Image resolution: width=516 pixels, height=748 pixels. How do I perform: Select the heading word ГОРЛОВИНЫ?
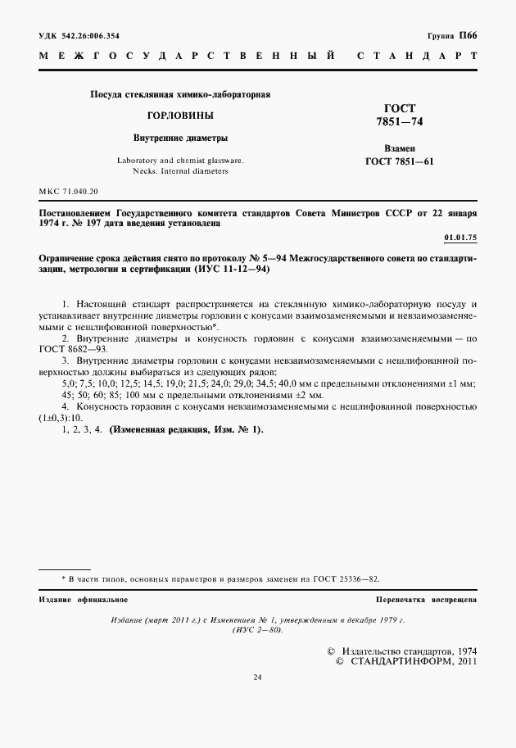(x=180, y=116)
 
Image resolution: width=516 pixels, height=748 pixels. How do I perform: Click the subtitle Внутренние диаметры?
(x=180, y=138)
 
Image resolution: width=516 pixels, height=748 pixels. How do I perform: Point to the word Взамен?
(x=400, y=149)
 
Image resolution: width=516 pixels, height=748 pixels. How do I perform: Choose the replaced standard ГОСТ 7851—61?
(x=400, y=161)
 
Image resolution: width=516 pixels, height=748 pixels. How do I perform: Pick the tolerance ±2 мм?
(x=308, y=394)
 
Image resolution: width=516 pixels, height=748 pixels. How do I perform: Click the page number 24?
(x=257, y=677)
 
